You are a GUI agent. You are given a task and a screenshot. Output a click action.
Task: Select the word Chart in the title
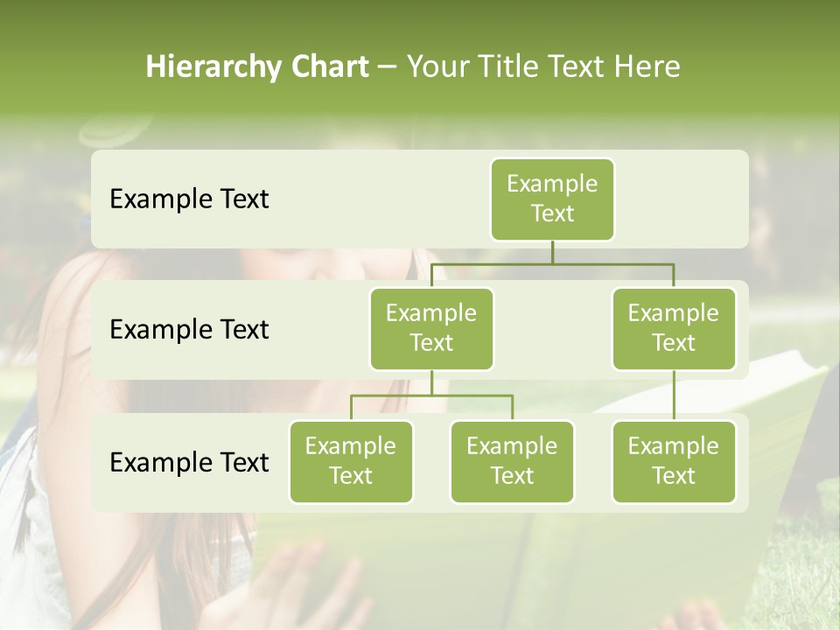pyautogui.click(x=325, y=67)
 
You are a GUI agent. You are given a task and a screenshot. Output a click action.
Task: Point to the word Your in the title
pyautogui.click(x=435, y=67)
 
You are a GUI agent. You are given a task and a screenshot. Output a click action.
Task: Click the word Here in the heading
pyautogui.click(x=647, y=67)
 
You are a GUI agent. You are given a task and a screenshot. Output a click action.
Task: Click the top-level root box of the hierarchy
pyautogui.click(x=552, y=199)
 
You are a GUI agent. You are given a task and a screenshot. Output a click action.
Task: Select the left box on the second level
pyautogui.click(x=431, y=328)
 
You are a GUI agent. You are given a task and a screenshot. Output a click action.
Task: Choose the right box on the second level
pyautogui.click(x=674, y=328)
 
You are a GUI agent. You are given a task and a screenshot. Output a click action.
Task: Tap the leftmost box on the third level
pyautogui.click(x=351, y=461)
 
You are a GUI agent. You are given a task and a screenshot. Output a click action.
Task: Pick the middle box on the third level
pyautogui.click(x=512, y=461)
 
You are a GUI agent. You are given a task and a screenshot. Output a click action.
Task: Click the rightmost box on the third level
pyautogui.click(x=674, y=461)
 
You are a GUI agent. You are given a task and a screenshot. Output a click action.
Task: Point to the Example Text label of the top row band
pyautogui.click(x=189, y=199)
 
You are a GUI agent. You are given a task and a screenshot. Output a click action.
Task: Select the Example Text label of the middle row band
pyautogui.click(x=189, y=330)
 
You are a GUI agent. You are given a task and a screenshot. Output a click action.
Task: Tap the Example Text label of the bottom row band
pyautogui.click(x=189, y=462)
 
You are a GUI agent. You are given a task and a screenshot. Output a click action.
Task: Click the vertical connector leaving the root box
pyautogui.click(x=552, y=252)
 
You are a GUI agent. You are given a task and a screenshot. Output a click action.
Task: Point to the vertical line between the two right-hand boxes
pyautogui.click(x=674, y=395)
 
